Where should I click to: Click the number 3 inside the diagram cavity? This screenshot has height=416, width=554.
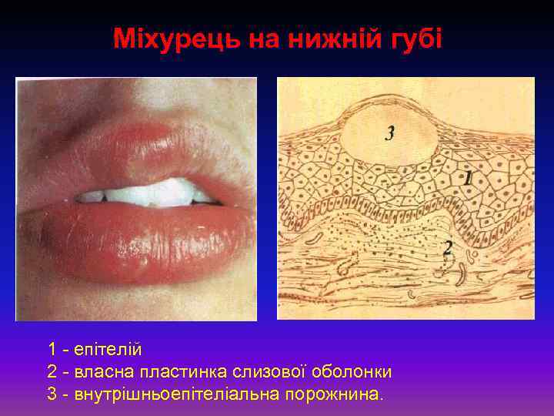click(x=390, y=133)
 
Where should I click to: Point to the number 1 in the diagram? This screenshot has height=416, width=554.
click(x=469, y=178)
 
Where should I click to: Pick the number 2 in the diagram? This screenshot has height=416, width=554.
click(x=447, y=248)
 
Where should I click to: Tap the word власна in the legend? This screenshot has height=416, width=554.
click(x=106, y=372)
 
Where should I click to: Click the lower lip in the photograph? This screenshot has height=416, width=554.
click(x=138, y=239)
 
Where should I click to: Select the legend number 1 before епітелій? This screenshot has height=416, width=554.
click(x=52, y=349)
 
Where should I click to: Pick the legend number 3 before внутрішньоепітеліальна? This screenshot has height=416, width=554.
click(x=52, y=394)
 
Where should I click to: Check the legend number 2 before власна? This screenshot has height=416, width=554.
click(x=52, y=372)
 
